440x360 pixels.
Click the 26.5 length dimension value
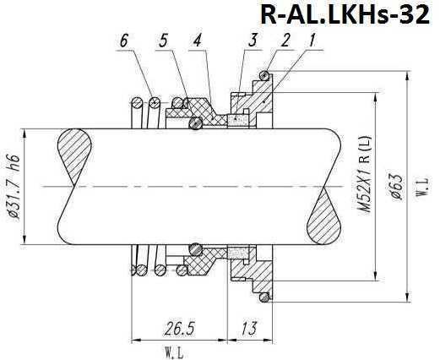coord(177,326)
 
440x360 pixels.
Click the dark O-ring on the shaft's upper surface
coord(196,123)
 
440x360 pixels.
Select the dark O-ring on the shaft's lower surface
coord(196,249)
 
